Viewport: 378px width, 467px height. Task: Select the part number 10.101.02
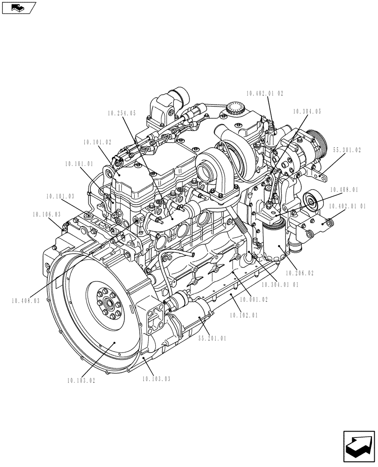97,142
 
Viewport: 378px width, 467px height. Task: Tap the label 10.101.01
79,164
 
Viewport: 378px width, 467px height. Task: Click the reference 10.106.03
47,214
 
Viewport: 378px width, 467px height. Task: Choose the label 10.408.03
26,301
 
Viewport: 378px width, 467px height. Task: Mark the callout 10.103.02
81,381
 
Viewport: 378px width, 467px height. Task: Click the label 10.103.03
156,379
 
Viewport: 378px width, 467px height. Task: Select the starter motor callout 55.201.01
212,339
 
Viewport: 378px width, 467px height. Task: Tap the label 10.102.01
244,316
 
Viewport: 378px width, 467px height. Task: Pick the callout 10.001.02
254,300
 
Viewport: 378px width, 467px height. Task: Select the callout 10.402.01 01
347,206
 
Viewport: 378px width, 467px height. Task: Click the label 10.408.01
344,190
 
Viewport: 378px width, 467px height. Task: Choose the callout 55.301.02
347,150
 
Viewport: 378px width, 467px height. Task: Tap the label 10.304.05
307,112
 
